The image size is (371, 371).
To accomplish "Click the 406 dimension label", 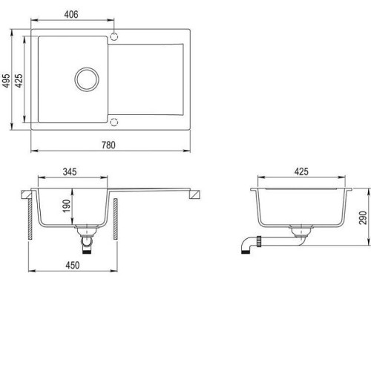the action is (71, 15).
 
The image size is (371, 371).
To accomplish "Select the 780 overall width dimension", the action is (108, 145).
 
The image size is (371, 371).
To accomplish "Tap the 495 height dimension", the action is (6, 80).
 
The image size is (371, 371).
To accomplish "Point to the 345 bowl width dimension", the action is (70, 171).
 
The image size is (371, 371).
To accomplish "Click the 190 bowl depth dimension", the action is (66, 206).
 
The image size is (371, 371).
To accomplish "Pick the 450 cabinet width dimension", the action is (73, 265).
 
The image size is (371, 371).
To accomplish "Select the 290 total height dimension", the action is (363, 217).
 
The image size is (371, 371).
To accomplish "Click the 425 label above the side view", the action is (301, 171).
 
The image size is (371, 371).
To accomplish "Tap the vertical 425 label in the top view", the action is (19, 80).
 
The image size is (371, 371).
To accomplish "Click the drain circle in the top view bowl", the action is (87, 68).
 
